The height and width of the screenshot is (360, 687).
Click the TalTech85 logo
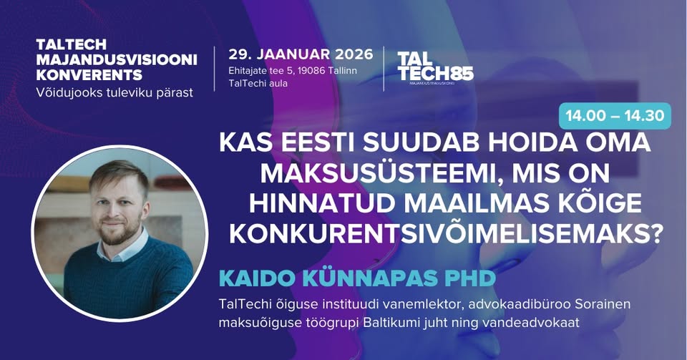point(436,68)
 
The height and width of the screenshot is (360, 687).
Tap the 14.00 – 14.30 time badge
point(615,116)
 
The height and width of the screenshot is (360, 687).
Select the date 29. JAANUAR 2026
point(301,54)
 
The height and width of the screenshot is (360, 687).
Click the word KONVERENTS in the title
point(89,75)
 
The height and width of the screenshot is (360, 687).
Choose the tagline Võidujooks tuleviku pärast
point(114,93)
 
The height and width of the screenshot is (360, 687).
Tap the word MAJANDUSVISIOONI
point(117,59)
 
